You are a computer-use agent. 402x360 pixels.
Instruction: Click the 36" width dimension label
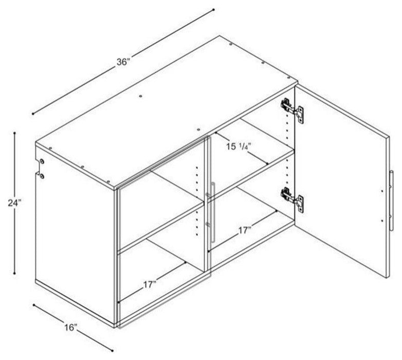(123, 62)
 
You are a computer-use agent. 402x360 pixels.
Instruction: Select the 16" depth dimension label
(71, 327)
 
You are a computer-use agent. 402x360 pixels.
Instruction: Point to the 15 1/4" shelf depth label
(238, 147)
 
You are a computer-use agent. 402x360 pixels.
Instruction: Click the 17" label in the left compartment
(150, 285)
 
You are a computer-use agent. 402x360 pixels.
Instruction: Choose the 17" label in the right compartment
(245, 230)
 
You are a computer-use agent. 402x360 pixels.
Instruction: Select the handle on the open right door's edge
(391, 201)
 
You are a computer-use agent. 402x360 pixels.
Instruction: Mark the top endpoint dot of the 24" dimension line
(14, 133)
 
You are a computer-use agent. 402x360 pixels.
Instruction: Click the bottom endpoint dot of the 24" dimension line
(14, 273)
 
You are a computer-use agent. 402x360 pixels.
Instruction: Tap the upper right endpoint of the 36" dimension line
(213, 10)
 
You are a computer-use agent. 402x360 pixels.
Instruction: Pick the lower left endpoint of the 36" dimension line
(33, 114)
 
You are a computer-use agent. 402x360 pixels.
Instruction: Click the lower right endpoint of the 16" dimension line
(112, 350)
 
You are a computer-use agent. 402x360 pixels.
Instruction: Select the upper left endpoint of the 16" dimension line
(33, 305)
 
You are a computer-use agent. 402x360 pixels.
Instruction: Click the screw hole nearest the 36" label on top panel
(140, 96)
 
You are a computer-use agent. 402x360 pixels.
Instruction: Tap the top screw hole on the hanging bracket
(42, 161)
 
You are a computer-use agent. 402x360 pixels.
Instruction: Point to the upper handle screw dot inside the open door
(382, 191)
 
